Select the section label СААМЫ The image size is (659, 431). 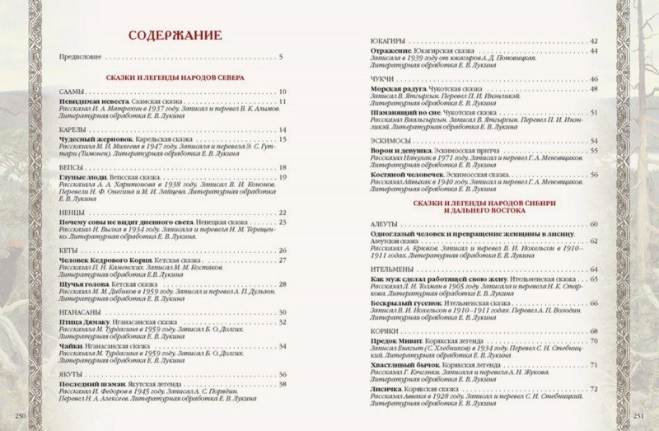click(72, 92)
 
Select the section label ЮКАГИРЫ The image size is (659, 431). click(387, 40)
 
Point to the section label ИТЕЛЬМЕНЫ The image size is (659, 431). click(395, 269)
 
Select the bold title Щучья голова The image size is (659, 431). click(84, 285)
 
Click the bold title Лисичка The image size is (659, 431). click(386, 388)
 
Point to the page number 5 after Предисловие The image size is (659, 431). click(281, 57)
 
